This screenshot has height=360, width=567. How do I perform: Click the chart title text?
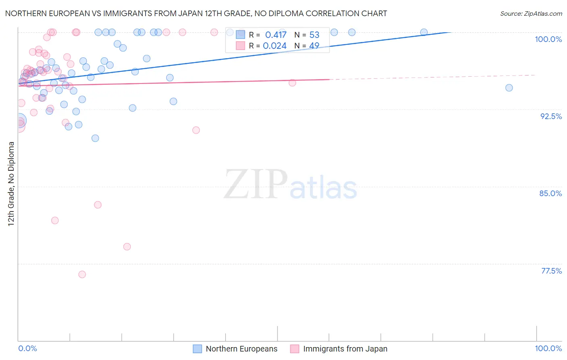[x=196, y=14]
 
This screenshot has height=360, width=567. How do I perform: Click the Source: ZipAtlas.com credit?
[x=531, y=14]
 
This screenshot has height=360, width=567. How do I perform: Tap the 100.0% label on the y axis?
[x=548, y=39]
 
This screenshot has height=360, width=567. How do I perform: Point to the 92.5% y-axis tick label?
[x=551, y=116]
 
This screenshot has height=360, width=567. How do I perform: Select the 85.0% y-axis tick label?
[x=550, y=193]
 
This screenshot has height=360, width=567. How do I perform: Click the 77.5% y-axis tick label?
[x=551, y=271]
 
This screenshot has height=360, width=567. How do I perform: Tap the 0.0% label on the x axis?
[x=27, y=348]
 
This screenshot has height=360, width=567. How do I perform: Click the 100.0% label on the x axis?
[x=548, y=348]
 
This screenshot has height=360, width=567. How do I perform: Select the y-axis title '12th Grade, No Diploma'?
[x=11, y=184]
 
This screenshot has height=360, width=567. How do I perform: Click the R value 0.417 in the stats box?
[x=276, y=35]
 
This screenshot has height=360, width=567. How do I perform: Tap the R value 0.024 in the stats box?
[x=275, y=46]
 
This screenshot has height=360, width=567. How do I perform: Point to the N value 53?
[x=314, y=35]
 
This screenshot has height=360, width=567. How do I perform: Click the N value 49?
[x=314, y=46]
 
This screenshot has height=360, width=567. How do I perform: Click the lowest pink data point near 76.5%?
[x=82, y=274]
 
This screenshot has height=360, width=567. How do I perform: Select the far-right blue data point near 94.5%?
[x=509, y=88]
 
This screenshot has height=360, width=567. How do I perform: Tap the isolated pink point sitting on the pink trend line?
[x=292, y=83]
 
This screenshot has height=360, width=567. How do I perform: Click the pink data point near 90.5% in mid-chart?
[x=196, y=130]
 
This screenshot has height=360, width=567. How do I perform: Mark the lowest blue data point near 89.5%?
[x=95, y=138]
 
